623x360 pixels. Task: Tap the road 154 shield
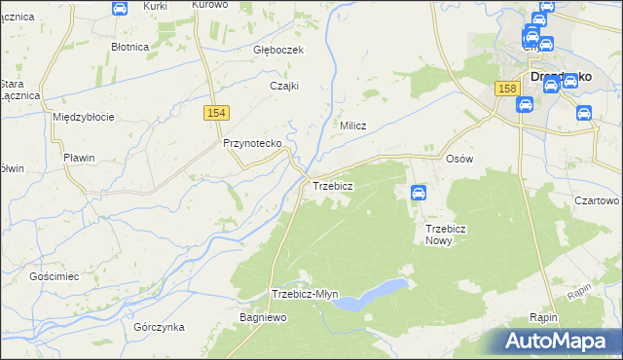pyautogui.click(x=217, y=114)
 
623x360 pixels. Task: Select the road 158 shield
pyautogui.click(x=505, y=89)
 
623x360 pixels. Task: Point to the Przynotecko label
pyautogui.click(x=252, y=143)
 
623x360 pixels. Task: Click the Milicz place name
pyautogui.click(x=351, y=126)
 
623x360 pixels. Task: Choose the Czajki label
pyautogui.click(x=283, y=85)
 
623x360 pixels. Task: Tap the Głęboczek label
pyautogui.click(x=279, y=50)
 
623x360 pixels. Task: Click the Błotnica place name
pyautogui.click(x=129, y=46)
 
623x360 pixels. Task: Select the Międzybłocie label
pyautogui.click(x=84, y=117)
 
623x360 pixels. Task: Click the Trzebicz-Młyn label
pyautogui.click(x=305, y=294)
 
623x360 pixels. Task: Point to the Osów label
pyautogui.click(x=458, y=158)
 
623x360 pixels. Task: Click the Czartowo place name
pyautogui.click(x=597, y=199)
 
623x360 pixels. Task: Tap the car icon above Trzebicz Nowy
pyautogui.click(x=419, y=193)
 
